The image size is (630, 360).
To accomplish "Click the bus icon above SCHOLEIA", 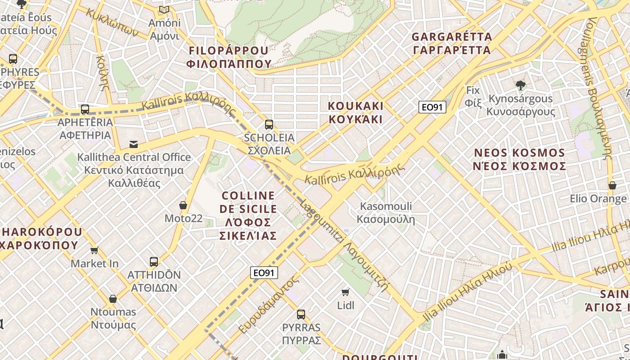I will [269, 125].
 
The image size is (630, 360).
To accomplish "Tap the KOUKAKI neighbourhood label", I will [355, 112].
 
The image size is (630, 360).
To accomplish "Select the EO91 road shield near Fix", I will [432, 107].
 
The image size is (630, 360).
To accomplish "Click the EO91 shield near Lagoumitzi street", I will [264, 273].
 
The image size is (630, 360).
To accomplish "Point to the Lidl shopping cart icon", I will [346, 292].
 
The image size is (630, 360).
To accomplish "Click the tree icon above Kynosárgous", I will [521, 85].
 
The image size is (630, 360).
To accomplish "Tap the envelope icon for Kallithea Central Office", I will [134, 144].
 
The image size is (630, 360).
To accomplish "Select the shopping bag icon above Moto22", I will [183, 205].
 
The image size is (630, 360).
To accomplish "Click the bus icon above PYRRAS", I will [301, 314].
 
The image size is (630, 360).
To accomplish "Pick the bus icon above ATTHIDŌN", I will [154, 261].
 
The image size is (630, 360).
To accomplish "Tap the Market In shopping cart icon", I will [94, 250].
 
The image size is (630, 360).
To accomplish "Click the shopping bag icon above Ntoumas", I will [113, 299].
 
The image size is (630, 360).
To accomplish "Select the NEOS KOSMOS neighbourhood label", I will [520, 159].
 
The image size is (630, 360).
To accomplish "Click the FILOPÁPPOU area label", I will [229, 57].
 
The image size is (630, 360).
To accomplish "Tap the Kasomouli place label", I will [386, 213].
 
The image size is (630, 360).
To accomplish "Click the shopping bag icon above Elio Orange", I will [612, 185].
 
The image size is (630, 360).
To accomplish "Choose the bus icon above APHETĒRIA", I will [85, 109].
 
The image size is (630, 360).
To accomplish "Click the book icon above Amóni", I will [164, 9].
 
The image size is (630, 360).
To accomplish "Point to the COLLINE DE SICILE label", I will [248, 216].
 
